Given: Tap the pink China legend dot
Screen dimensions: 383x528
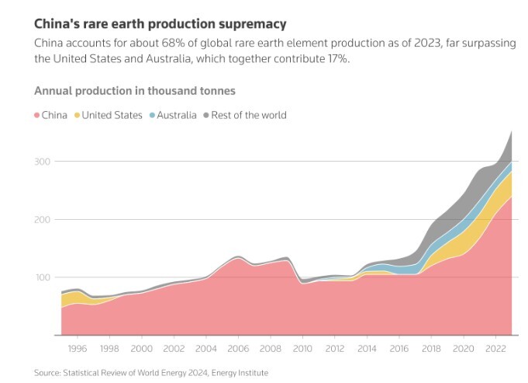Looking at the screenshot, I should click(x=37, y=116).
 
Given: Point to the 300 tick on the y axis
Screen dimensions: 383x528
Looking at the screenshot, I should click(x=43, y=162).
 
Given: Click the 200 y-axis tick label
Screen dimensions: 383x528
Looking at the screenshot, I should click(x=43, y=220).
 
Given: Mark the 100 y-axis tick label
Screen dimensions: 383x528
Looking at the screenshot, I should click(x=43, y=277).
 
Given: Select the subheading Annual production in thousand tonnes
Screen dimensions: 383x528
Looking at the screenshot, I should click(x=135, y=92).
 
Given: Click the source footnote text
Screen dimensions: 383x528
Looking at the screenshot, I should click(x=151, y=374).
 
